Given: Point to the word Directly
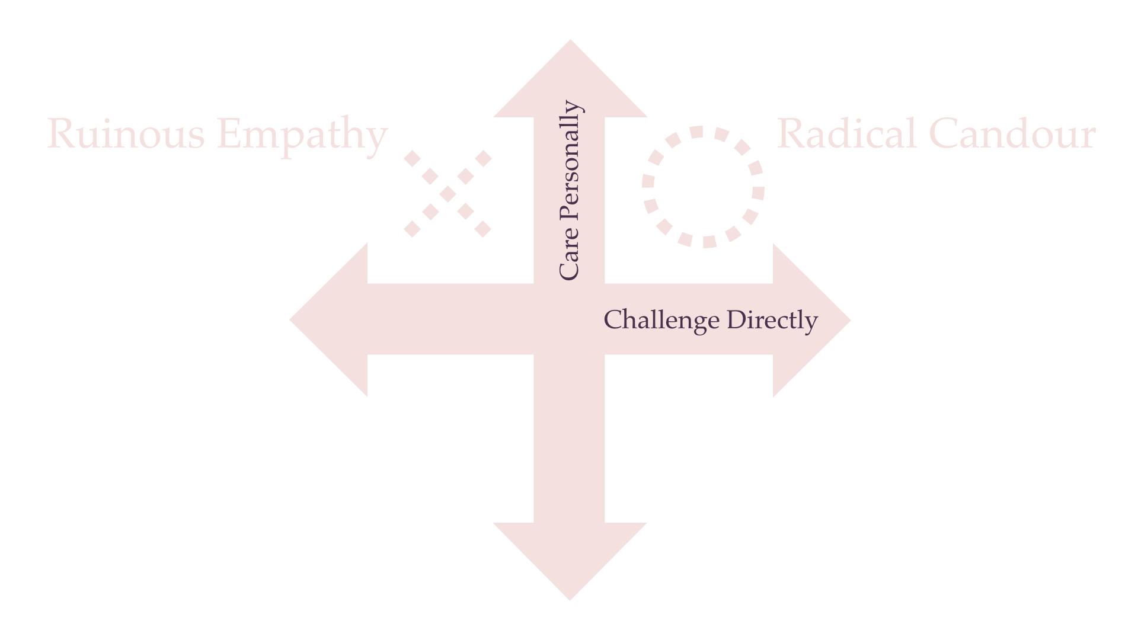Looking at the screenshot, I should coord(772,320).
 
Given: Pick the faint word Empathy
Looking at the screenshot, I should coord(302,135).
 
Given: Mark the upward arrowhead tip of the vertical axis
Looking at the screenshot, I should coord(570,41).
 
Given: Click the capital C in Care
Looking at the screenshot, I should coord(569,270).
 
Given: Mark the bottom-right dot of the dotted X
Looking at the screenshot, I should coord(484,228).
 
